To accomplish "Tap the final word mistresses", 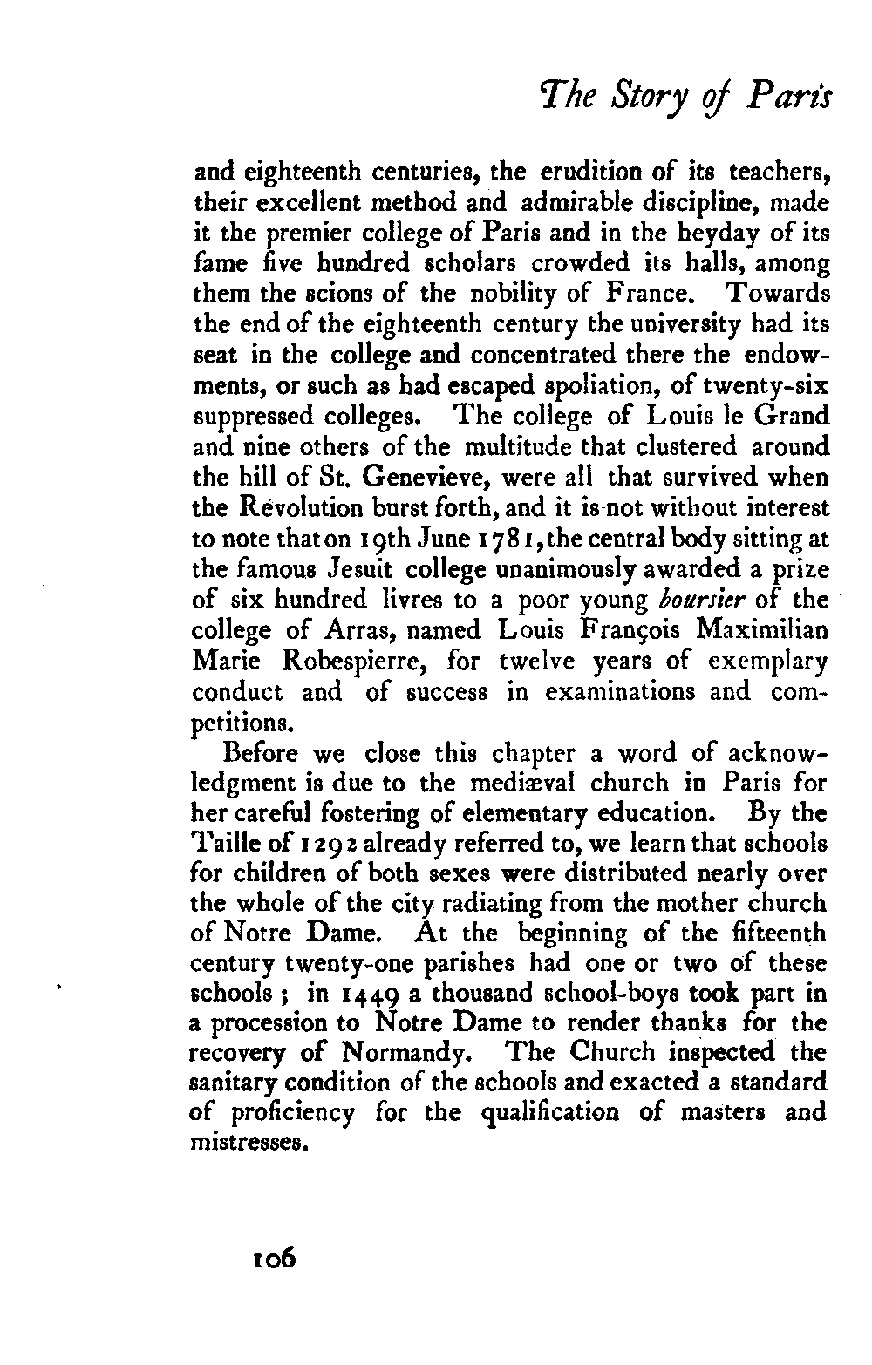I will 251,1143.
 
